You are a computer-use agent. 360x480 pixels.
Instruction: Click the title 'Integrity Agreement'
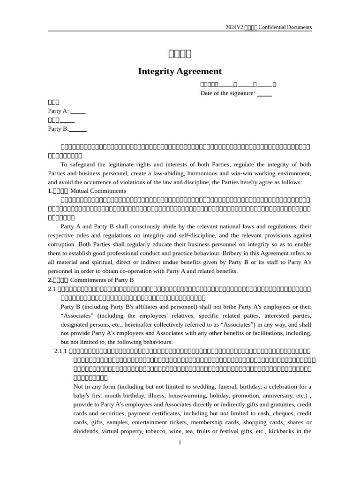(180, 71)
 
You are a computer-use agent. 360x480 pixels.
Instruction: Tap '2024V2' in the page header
(234, 27)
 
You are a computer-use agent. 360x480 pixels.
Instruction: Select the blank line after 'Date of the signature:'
(264, 94)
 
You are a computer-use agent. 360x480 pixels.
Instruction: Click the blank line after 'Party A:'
(78, 112)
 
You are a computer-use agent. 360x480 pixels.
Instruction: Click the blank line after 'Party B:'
(78, 129)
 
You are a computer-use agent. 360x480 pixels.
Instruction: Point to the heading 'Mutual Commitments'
(98, 191)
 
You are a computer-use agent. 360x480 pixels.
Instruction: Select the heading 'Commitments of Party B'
(102, 280)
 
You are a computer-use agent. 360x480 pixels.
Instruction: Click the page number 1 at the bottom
(180, 442)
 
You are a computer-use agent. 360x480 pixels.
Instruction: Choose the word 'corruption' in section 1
(62, 244)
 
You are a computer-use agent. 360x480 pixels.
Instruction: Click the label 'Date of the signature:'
(227, 93)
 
